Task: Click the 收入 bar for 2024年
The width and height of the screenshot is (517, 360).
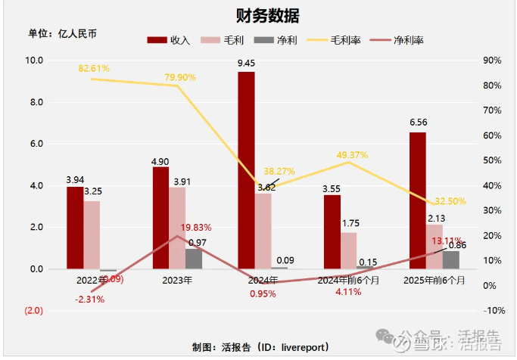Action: [x=246, y=170]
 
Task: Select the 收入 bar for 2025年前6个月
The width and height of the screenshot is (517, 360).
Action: [x=417, y=200]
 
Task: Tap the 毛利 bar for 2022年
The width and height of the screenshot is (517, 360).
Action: [x=92, y=234]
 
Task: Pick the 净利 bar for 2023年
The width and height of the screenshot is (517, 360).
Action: [x=194, y=259]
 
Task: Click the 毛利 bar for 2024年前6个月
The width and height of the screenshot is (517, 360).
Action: [x=348, y=250]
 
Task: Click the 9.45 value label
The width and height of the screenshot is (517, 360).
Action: [x=246, y=64]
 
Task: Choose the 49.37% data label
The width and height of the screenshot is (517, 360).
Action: [x=352, y=155]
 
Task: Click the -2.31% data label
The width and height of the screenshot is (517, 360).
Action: [x=89, y=299]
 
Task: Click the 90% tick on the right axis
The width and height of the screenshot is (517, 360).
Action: [x=492, y=61]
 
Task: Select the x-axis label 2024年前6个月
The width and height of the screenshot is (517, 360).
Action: [x=348, y=280]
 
